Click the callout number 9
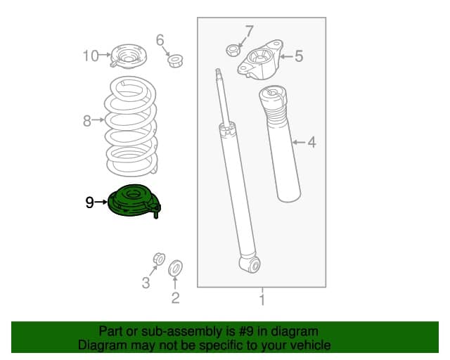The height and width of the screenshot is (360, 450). point(89,202)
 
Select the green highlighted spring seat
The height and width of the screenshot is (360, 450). point(134,201)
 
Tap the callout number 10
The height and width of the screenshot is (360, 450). point(91,56)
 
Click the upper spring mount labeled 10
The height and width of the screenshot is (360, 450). point(128,56)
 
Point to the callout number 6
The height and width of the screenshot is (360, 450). point(160,40)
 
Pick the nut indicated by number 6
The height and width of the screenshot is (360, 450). point(175,60)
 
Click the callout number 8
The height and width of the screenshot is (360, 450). point(87,121)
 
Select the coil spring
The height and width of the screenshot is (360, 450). point(131,126)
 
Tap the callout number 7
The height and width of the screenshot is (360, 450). point(250,31)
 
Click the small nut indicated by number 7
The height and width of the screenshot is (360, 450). point(233,51)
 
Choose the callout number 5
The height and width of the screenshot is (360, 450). point(299,56)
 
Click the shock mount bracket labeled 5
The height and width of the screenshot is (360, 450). point(260,60)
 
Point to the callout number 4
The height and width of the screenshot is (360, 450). point(311,143)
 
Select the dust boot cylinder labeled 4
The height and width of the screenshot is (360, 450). point(279,143)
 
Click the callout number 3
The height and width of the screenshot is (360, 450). point(146,283)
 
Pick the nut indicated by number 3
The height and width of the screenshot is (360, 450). point(159,259)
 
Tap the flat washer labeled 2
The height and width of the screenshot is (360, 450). point(175,269)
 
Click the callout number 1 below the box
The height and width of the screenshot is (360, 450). point(262,300)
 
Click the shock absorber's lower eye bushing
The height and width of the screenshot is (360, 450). point(255,264)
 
